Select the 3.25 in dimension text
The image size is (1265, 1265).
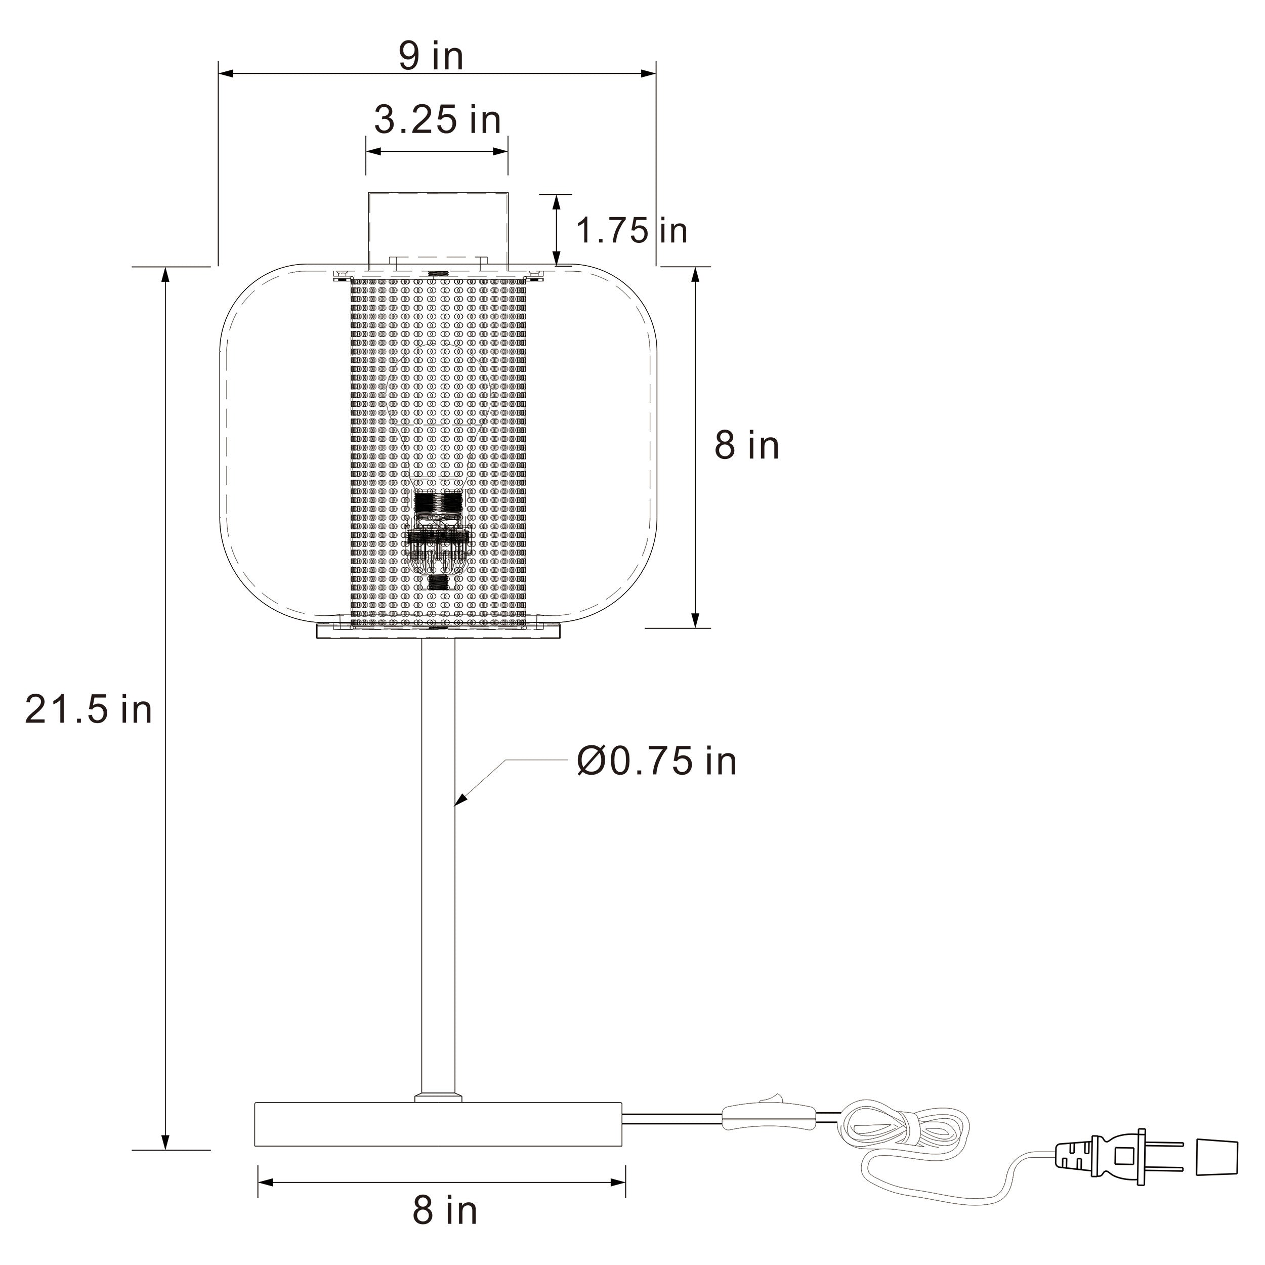click(x=437, y=120)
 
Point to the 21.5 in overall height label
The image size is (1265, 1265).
click(x=89, y=710)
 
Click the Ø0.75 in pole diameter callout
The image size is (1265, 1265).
click(x=657, y=761)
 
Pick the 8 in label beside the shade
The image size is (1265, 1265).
click(x=746, y=445)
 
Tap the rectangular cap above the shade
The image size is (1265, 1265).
click(x=437, y=229)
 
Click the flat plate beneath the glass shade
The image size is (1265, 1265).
click(x=438, y=631)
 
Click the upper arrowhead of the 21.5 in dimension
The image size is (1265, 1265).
click(x=165, y=275)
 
